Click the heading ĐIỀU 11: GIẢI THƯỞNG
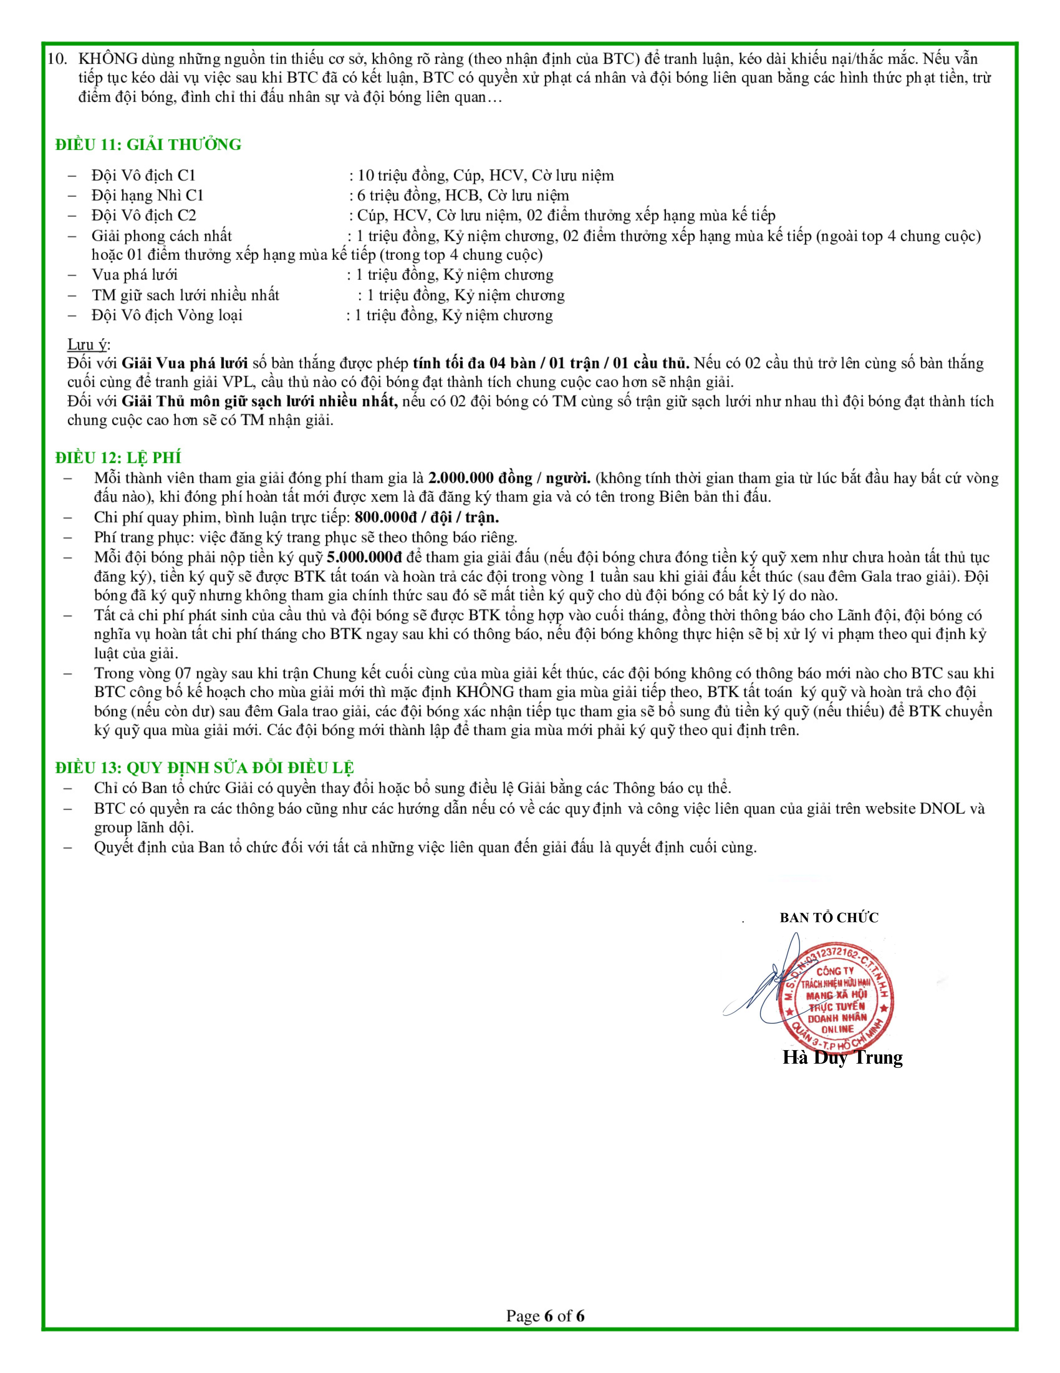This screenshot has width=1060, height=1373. pyautogui.click(x=148, y=145)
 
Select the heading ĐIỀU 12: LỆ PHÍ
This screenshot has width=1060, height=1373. pyautogui.click(x=118, y=458)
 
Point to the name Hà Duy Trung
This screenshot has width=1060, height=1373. pyautogui.click(x=842, y=1057)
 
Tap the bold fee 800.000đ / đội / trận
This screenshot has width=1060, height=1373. pyautogui.click(x=427, y=517)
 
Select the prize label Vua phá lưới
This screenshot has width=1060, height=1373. pyautogui.click(x=134, y=275)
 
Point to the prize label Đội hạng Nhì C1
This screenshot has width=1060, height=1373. pyautogui.click(x=148, y=195)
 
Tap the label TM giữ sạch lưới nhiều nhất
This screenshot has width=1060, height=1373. pyautogui.click(x=185, y=295)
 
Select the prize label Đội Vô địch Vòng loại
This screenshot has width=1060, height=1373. pyautogui.click(x=167, y=315)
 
